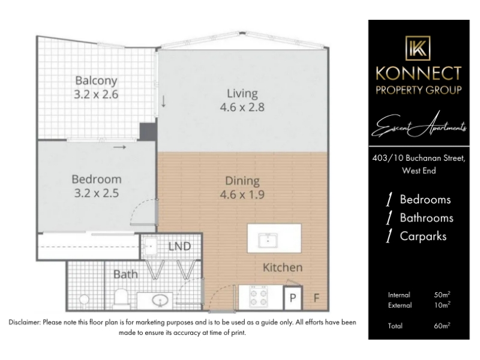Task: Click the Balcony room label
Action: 96,81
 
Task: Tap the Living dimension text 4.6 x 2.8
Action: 242,107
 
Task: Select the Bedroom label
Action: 97,179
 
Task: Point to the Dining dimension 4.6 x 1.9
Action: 242,194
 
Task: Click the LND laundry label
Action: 179,247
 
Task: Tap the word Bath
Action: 125,274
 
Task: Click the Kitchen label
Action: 283,268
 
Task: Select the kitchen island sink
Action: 268,241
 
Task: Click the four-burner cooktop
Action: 259,297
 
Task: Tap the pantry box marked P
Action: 293,298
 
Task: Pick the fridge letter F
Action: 317,298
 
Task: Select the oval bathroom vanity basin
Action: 160,300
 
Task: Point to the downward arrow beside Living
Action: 163,101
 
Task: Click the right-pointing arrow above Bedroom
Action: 119,147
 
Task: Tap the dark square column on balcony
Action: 148,131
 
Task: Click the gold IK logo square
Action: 418,48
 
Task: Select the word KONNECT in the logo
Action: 418,73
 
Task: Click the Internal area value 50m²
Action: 442,295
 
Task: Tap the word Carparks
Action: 423,236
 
